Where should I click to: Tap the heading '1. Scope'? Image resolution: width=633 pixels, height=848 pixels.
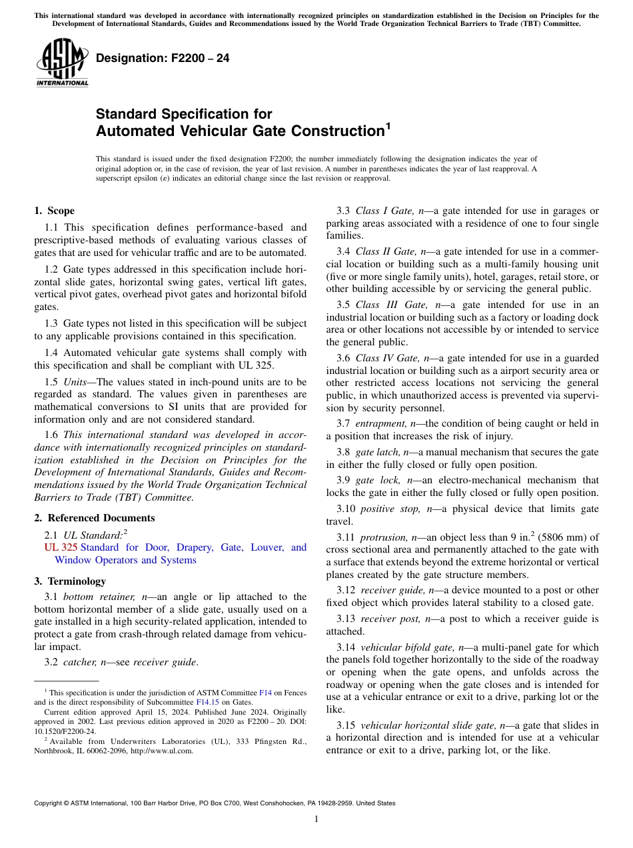click(54, 211)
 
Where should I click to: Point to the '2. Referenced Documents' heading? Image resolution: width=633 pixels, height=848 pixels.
click(94, 518)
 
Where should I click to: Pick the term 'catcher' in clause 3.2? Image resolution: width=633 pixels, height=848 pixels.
click(76, 662)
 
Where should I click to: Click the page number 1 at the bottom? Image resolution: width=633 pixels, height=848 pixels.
click(316, 819)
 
